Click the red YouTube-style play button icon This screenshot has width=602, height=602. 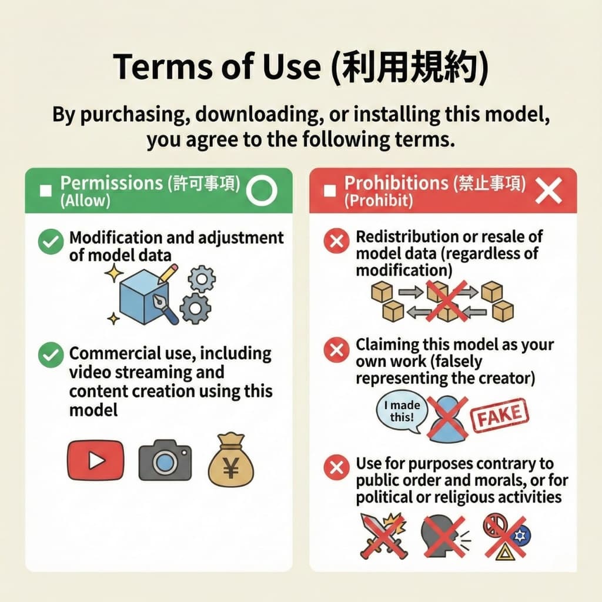coord(96,460)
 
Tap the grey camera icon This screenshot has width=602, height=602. coord(165,460)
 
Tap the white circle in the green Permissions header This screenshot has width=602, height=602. coord(262,189)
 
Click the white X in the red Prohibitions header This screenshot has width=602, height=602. coord(549,190)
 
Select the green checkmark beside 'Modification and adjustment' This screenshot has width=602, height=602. coord(51,242)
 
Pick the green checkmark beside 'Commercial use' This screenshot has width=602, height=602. coord(51,355)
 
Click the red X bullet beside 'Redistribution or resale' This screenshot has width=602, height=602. coord(337,241)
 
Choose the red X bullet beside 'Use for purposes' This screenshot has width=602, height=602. coord(337,469)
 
